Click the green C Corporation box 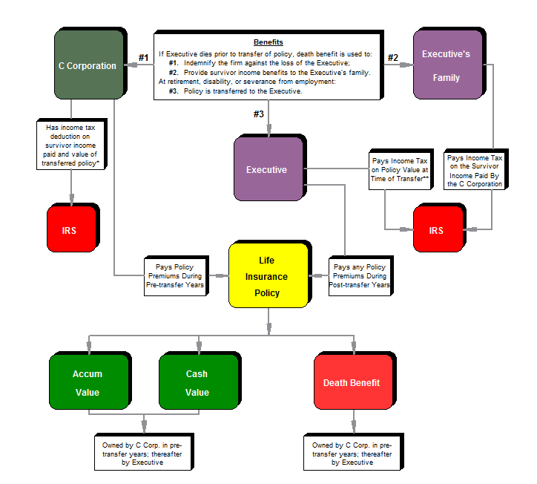click(x=88, y=65)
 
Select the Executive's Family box click(x=446, y=65)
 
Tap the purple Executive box click(x=267, y=169)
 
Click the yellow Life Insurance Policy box click(x=267, y=277)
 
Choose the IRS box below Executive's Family click(x=436, y=231)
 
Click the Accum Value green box click(x=88, y=383)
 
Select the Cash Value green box click(x=197, y=383)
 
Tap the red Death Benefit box click(x=352, y=383)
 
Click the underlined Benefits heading click(x=268, y=42)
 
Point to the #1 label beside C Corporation click(x=145, y=57)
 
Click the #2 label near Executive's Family click(x=393, y=57)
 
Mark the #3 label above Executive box click(x=258, y=114)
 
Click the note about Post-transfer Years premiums click(x=360, y=277)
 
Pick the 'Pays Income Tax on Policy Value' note click(x=400, y=171)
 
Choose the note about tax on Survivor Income click(x=475, y=171)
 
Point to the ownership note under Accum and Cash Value click(x=142, y=452)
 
